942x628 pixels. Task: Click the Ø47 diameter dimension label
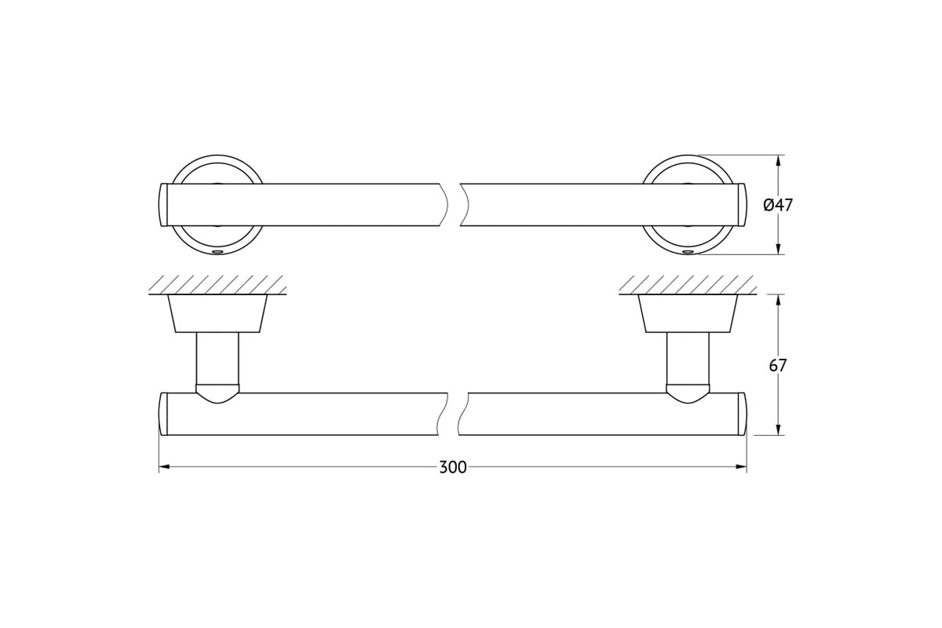coord(778,205)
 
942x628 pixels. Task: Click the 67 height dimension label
coord(778,366)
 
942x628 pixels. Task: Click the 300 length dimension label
coord(453,467)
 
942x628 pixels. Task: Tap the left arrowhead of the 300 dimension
coord(164,466)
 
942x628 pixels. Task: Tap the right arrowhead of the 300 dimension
coord(741,466)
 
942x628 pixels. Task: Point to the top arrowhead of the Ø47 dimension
coord(779,160)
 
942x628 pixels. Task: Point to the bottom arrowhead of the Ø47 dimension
coord(779,249)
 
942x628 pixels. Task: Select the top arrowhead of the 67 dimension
coord(779,300)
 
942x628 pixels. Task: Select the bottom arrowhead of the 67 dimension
coord(779,429)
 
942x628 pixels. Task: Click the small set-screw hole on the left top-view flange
coord(218,252)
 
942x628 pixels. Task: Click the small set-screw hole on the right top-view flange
coord(688,252)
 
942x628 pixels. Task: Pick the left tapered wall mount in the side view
coord(217,313)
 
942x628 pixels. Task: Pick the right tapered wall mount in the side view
coord(688,313)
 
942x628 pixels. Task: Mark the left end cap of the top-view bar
coord(163,205)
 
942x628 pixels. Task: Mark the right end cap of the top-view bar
coord(742,205)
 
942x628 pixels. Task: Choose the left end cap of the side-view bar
coord(163,414)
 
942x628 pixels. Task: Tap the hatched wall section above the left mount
coord(217,285)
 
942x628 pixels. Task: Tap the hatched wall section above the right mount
coord(688,285)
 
